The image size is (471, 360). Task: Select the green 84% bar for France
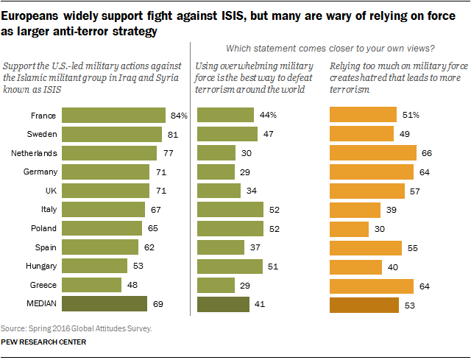click(113, 116)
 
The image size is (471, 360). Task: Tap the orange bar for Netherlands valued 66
click(371, 153)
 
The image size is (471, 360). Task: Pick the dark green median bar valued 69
click(105, 303)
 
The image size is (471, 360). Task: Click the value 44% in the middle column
click(268, 116)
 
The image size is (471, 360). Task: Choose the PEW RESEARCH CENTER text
click(43, 342)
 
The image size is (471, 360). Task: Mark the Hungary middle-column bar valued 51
click(230, 266)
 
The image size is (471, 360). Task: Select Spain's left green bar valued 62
click(100, 247)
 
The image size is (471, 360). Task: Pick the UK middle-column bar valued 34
click(219, 191)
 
